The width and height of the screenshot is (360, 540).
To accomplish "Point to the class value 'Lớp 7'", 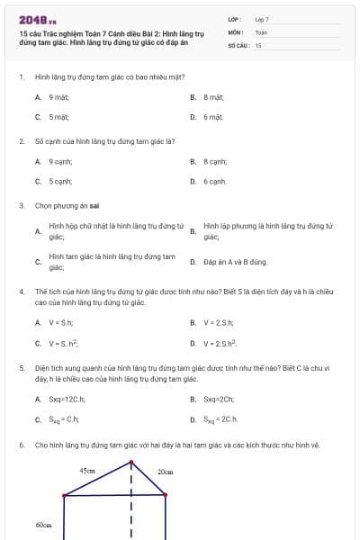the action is tap(262, 19).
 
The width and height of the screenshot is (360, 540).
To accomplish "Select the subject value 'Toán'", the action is tap(261, 31).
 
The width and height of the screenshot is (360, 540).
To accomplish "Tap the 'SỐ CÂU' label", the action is tap(237, 44).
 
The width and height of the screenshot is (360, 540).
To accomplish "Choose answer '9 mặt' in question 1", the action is tap(59, 96).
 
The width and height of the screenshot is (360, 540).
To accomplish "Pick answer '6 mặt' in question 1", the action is tap(212, 117).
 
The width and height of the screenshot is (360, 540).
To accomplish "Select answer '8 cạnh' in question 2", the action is tap(214, 161).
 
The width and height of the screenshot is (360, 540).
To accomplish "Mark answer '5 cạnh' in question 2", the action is tap(60, 182).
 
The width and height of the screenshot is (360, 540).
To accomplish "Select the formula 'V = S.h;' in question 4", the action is tap(60, 322).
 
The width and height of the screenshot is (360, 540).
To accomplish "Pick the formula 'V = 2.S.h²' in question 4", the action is tap(220, 343).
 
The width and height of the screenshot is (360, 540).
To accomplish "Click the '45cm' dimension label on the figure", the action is tap(87, 471).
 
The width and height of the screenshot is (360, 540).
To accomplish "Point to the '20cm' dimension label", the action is tap(165, 472).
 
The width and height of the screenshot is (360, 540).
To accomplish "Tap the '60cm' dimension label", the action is tap(43, 525).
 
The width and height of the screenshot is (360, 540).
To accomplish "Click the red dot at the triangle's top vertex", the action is tap(131, 463).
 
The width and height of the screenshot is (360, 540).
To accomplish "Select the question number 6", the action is tap(21, 445).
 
